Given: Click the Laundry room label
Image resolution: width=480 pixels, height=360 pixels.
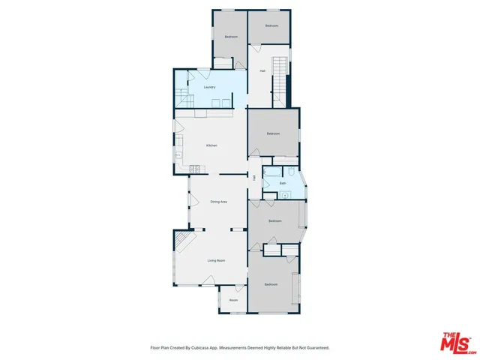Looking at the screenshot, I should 210,87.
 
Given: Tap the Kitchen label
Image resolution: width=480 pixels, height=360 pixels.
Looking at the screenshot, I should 212,145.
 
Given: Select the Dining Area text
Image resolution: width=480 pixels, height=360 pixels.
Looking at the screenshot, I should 218,202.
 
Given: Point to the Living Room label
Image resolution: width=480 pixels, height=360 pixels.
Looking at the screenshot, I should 217,260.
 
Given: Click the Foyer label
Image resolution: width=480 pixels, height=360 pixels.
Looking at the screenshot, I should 233,300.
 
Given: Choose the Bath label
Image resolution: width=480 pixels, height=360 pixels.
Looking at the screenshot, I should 283,183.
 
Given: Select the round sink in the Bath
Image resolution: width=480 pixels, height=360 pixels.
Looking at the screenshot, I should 284,195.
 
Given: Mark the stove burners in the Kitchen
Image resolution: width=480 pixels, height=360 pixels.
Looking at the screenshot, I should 194,169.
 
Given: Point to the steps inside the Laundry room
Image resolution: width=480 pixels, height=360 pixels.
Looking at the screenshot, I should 182,97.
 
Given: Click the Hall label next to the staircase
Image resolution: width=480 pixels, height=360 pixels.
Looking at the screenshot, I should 262,71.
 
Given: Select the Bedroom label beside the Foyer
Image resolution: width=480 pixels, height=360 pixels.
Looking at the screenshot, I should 271,284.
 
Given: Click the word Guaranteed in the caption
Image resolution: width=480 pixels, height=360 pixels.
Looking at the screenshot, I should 315,348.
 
